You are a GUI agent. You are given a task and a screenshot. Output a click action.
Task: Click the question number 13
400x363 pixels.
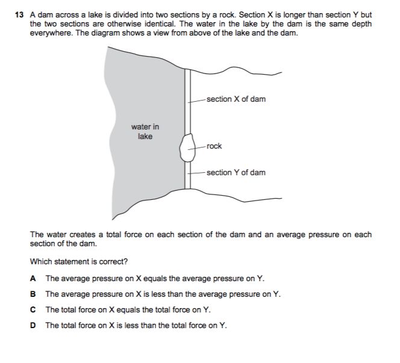pyautogui.click(x=19, y=15)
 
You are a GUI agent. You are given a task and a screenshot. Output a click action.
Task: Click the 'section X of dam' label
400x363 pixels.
pyautogui.click(x=236, y=99)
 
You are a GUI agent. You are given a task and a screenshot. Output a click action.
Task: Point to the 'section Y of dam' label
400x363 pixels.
pyautogui.click(x=236, y=173)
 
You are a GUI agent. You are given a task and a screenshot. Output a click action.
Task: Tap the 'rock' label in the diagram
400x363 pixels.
pyautogui.click(x=214, y=146)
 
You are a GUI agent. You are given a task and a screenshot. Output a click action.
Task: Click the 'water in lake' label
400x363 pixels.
pyautogui.click(x=145, y=132)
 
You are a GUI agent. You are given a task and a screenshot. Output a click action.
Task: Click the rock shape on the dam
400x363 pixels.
pyautogui.click(x=187, y=147)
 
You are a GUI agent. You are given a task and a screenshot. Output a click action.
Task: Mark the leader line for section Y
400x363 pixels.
pyautogui.click(x=198, y=173)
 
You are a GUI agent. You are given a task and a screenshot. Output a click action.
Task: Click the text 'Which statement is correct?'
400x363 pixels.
pyautogui.click(x=78, y=262)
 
